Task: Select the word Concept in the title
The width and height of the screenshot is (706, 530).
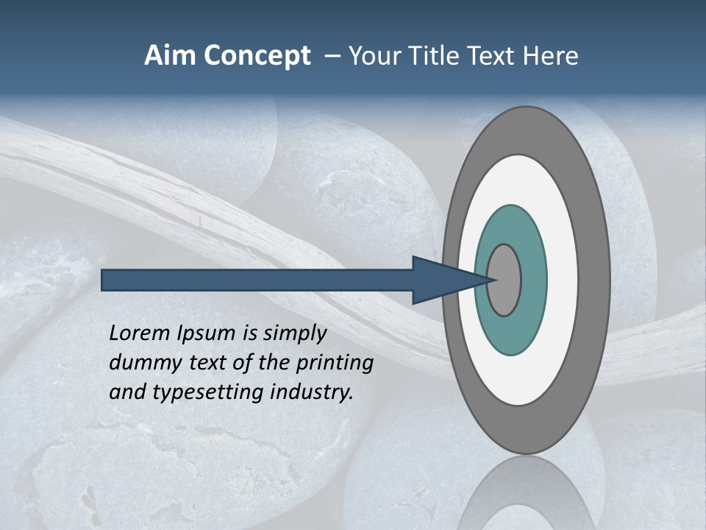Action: [x=257, y=56]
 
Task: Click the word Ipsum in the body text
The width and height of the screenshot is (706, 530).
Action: [x=208, y=333]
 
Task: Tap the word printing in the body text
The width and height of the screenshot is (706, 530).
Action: [x=335, y=363]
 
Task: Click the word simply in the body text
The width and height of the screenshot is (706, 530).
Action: [x=294, y=333]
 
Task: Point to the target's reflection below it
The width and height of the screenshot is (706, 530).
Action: [x=526, y=493]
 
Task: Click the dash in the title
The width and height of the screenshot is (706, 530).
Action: [x=332, y=56]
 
